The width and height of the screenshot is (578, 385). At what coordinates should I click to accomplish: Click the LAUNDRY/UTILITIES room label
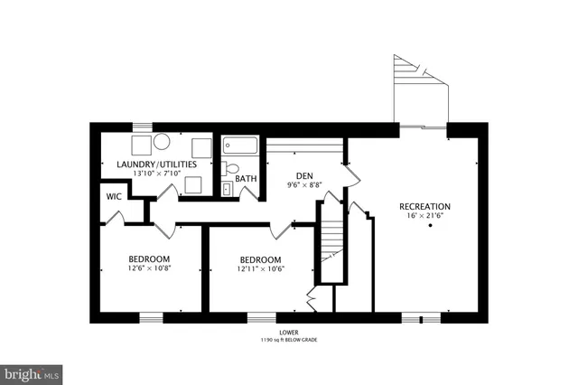point(157,164)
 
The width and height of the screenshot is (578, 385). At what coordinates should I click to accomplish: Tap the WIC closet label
point(114,196)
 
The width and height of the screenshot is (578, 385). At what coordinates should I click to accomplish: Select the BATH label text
point(246,179)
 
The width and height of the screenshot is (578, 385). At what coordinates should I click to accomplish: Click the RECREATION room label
point(424,207)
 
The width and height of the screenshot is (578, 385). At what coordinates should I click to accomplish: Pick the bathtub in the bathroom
point(241,145)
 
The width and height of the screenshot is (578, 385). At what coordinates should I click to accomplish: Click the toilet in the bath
point(231,168)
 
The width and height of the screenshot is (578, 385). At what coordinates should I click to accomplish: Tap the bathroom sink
point(227,189)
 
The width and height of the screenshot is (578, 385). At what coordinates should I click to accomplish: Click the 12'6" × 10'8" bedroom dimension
point(149,268)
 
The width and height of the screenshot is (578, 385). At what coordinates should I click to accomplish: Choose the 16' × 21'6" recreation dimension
point(424,217)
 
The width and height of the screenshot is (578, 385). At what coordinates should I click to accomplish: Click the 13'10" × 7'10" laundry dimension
point(157,174)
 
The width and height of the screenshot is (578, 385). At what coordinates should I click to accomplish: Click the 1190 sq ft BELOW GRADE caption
point(289,341)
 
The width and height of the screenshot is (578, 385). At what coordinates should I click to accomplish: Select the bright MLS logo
point(32,372)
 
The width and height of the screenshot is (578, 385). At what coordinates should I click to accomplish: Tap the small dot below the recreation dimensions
point(430,225)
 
